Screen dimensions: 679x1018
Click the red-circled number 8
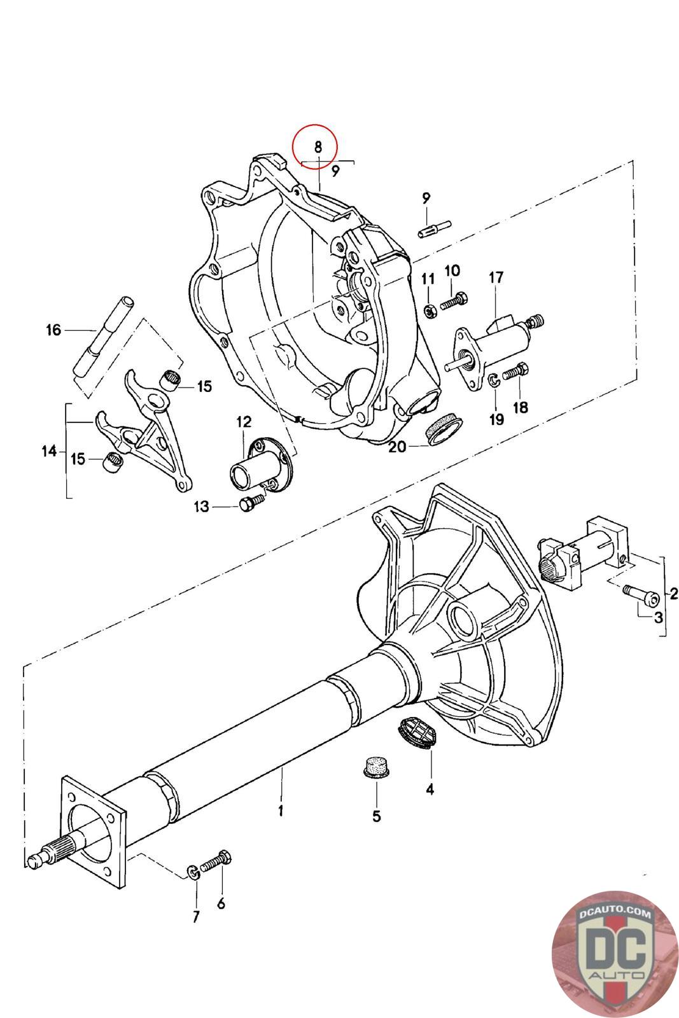coord(318,146)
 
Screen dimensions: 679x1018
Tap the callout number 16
coord(53,330)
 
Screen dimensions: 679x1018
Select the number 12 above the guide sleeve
coord(244,422)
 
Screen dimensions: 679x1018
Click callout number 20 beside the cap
coord(396,447)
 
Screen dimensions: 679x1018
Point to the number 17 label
coord(496,277)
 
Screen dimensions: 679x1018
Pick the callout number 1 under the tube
coord(281,810)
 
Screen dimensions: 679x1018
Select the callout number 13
coord(202,506)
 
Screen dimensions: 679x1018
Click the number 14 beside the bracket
coord(49,451)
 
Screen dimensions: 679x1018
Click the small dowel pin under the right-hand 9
coord(434,228)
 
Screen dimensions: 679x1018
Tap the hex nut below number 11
coord(428,311)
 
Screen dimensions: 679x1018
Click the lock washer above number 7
coord(193,872)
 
